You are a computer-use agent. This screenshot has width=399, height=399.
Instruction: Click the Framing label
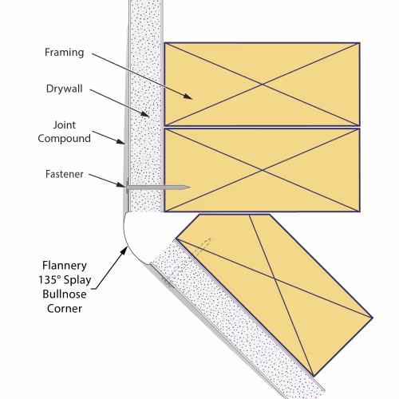[x=65, y=53]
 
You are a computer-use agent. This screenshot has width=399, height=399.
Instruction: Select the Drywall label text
[x=65, y=89]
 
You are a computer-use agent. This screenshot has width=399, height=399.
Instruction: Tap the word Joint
[x=65, y=124]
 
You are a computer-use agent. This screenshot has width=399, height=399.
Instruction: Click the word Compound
[x=65, y=139]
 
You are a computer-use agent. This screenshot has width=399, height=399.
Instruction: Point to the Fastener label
[x=65, y=174]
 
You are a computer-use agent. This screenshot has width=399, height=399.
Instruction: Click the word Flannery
[x=65, y=266]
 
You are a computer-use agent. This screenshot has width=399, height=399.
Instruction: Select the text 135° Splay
[x=65, y=280]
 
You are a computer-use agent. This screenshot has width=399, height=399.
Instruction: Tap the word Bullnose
[x=65, y=294]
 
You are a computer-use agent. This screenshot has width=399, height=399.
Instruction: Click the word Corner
[x=65, y=309]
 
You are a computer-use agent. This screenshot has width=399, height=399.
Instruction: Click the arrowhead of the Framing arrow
[x=189, y=97]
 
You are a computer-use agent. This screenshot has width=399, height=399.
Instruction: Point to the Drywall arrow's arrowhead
[x=146, y=115]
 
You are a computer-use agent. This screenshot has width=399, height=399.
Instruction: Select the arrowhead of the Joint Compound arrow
[x=121, y=141]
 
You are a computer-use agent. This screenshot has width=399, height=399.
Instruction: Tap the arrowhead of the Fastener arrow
[x=121, y=184]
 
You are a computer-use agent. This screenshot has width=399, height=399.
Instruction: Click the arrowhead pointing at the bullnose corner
[x=124, y=251]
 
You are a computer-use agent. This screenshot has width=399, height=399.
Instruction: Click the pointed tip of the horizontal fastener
[x=189, y=188]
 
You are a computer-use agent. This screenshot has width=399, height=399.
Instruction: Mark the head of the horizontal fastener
[x=127, y=187]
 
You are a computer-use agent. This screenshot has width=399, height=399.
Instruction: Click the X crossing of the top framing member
[x=263, y=85]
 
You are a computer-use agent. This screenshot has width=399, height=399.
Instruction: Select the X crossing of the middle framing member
[x=263, y=170]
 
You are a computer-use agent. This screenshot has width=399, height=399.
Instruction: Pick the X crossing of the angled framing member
[x=275, y=279]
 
